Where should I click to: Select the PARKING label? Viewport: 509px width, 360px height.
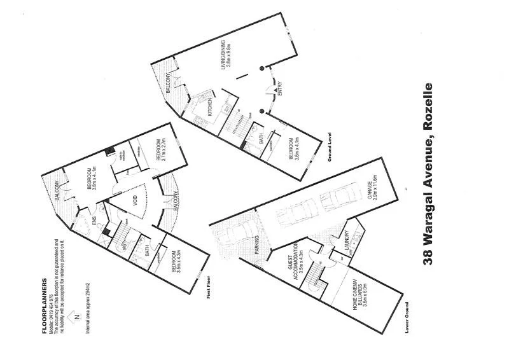(258, 246)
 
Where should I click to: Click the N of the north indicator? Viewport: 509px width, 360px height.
(76, 317)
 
